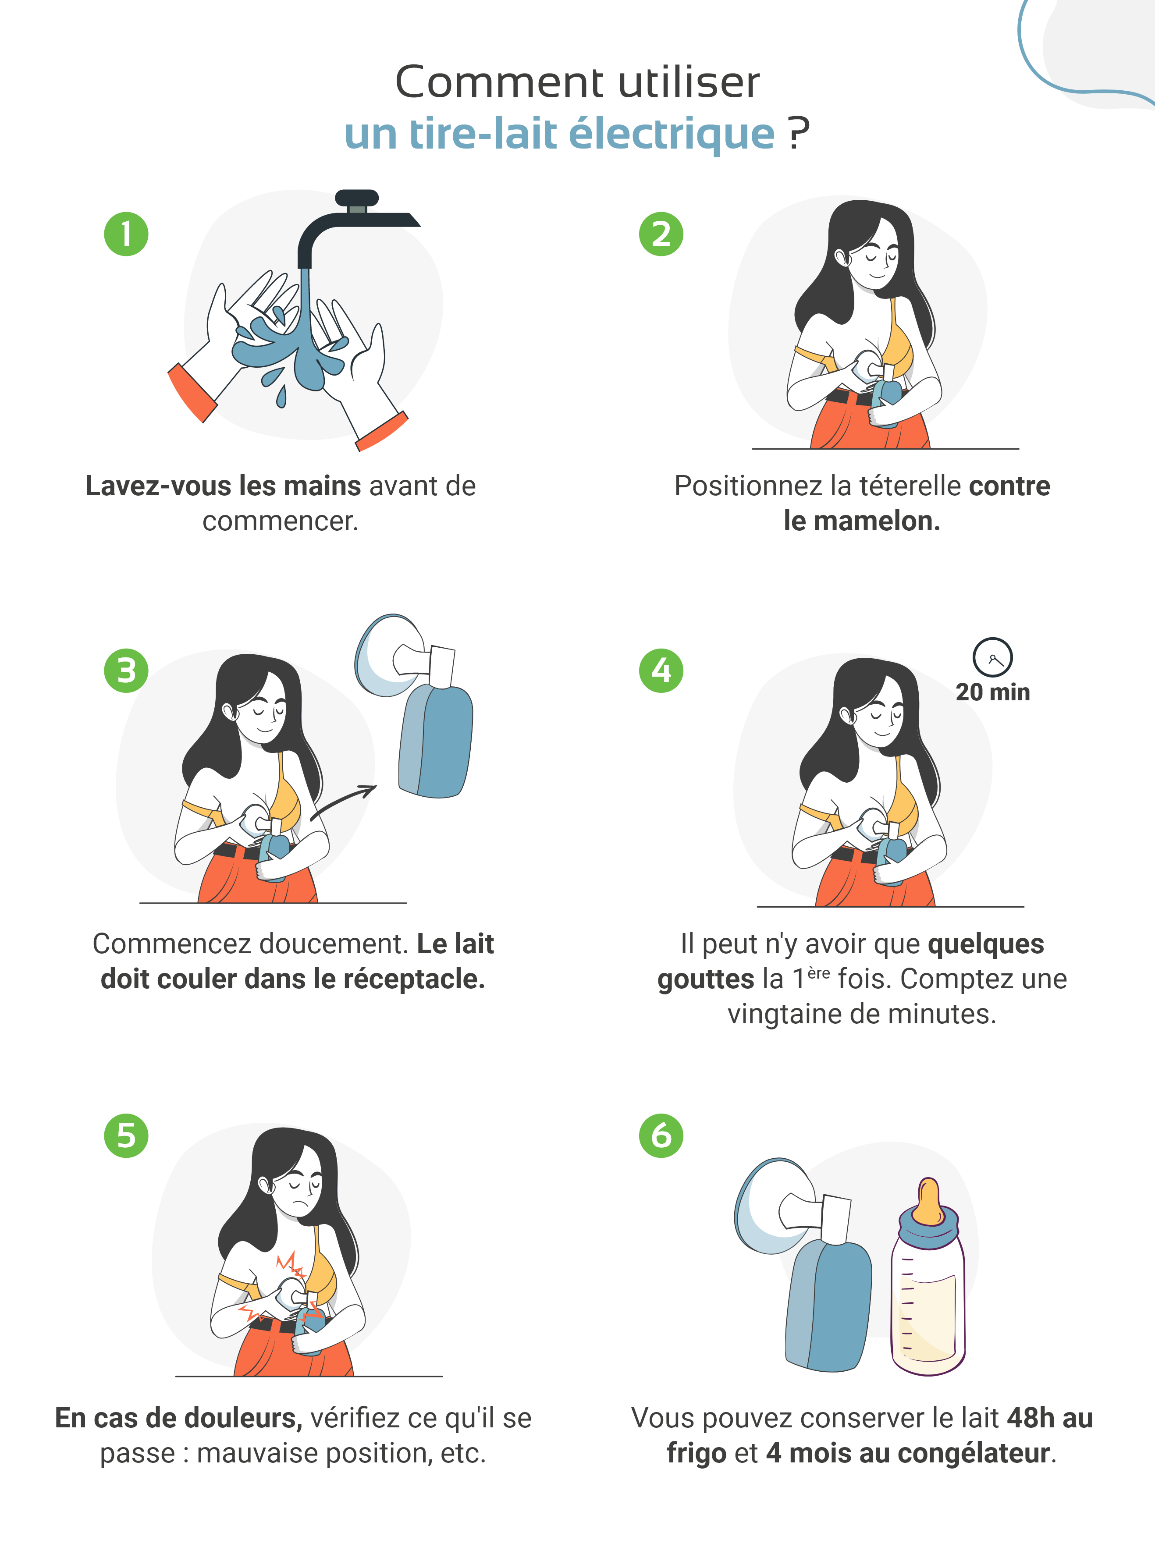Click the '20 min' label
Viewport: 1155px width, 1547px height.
point(993,692)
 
